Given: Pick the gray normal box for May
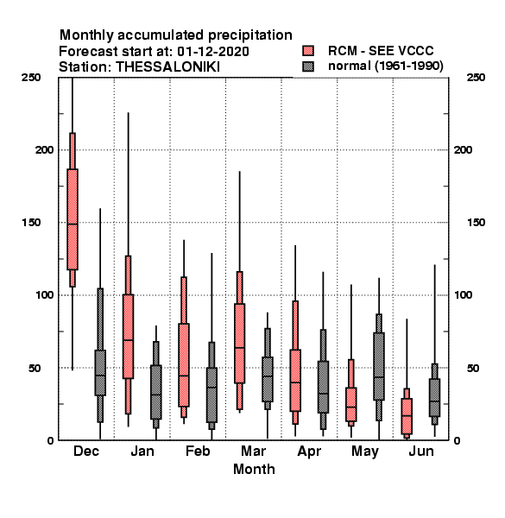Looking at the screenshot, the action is point(379,366).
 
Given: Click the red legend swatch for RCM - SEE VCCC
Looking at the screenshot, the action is point(308,51).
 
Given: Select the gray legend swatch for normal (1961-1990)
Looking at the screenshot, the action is point(308,66).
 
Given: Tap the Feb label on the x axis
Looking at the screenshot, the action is point(198,452).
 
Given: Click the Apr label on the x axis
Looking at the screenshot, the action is point(309,452).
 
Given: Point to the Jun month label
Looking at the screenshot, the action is point(421,452).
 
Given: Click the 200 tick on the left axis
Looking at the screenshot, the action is point(44,150).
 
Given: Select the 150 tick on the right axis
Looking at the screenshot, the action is point(476,223).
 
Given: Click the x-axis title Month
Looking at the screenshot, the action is point(254,470).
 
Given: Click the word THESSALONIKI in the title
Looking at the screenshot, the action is point(167,67).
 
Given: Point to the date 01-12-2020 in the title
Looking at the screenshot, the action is point(213,52).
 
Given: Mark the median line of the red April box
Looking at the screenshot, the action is point(295,382).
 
